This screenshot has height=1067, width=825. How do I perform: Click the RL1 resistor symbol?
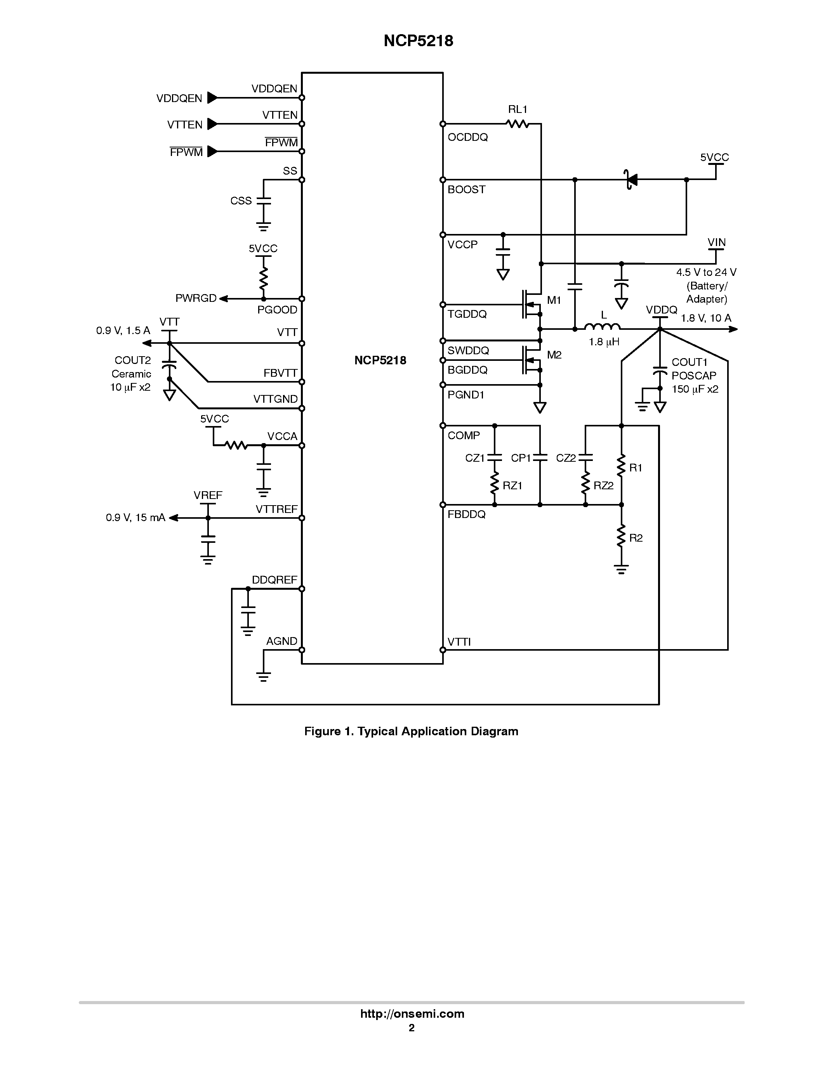[518, 124]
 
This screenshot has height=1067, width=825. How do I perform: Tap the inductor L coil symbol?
[603, 327]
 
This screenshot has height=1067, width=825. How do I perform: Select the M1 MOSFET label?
[554, 300]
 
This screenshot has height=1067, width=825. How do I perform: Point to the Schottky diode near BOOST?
[631, 180]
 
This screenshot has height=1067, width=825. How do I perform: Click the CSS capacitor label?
[241, 201]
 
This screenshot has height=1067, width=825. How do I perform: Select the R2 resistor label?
[636, 538]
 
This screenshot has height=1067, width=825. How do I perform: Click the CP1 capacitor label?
[521, 458]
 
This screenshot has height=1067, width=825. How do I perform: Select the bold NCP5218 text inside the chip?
[380, 360]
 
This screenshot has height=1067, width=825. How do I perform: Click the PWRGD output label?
[196, 298]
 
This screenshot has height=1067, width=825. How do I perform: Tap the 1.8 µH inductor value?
[604, 342]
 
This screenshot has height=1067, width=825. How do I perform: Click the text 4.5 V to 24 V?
[706, 272]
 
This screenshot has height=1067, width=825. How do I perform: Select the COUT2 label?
[132, 360]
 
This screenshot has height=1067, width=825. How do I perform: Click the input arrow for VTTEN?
[212, 124]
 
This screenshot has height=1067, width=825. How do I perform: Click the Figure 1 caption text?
[411, 731]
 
